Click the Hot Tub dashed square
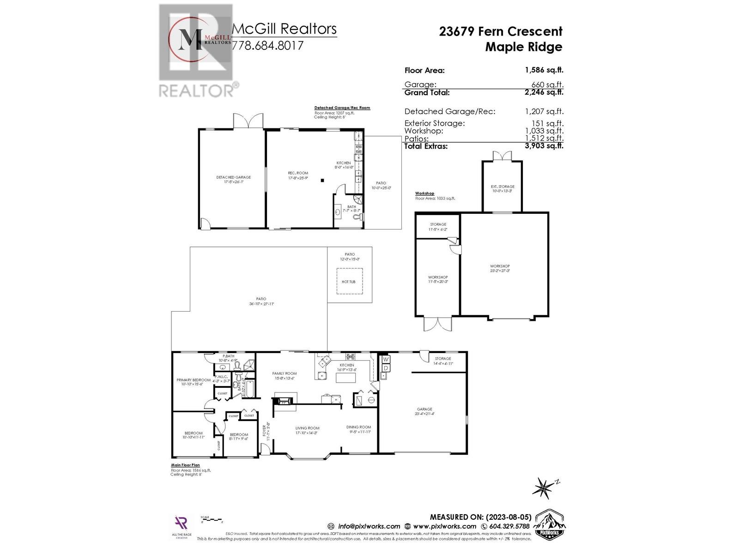349,281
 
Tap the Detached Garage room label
234,177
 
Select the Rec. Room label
298,173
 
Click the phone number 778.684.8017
267,45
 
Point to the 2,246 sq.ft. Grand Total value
544,92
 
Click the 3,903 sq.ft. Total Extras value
544,146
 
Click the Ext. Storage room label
503,187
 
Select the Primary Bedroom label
194,380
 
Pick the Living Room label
307,428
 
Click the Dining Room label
359,427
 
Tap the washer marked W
386,359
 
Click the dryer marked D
386,368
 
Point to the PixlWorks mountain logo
549,525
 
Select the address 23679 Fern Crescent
501,31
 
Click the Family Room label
284,373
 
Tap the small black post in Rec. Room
323,180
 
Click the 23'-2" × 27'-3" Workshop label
500,266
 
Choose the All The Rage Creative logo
181,526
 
